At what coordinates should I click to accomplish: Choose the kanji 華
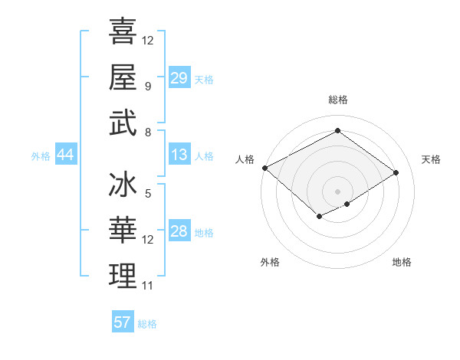[123, 231]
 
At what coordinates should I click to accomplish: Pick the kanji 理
[123, 277]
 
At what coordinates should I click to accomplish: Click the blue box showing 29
[179, 78]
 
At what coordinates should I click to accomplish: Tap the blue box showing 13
[179, 155]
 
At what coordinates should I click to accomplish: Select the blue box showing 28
[179, 232]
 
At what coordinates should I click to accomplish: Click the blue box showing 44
[66, 155]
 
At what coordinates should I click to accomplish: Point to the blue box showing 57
[123, 322]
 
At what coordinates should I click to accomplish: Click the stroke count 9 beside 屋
[147, 86]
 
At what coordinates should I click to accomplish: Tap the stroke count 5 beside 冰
[147, 194]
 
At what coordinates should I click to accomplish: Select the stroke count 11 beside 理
[148, 286]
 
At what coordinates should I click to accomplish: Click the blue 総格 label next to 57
[147, 324]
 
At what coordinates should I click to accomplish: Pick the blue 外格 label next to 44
[41, 156]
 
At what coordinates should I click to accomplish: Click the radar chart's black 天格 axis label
[431, 159]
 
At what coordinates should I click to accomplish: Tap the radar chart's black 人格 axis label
[244, 159]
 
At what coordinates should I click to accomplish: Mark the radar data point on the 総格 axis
[337, 130]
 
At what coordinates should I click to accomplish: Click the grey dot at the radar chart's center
[337, 190]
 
